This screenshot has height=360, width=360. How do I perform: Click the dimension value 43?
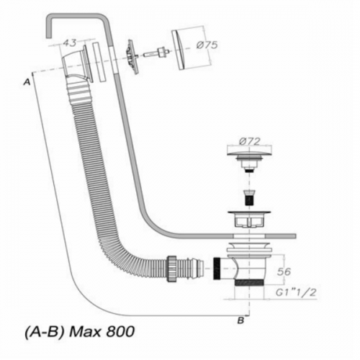pyautogui.click(x=70, y=42)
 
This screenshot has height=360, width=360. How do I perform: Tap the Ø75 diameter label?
pyautogui.click(x=207, y=45)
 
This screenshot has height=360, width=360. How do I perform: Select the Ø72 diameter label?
pyautogui.click(x=250, y=141)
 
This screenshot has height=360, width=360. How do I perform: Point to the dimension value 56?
pyautogui.click(x=284, y=271)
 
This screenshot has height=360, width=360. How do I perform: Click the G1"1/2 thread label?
pyautogui.click(x=296, y=292)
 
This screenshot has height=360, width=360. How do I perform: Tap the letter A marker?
pyautogui.click(x=27, y=82)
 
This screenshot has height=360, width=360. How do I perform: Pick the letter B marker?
pyautogui.click(x=240, y=320)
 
